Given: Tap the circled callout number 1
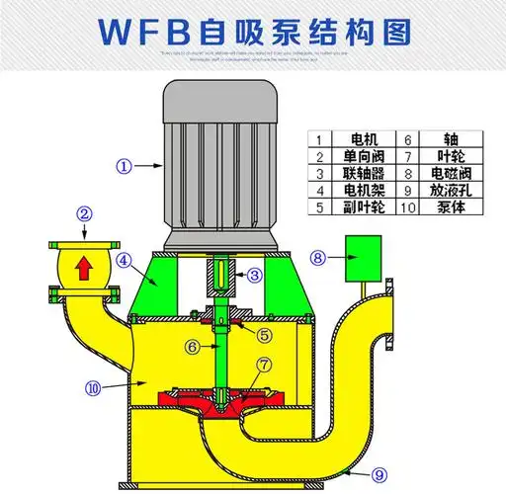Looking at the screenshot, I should tap(124, 166).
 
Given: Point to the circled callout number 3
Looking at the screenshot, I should tap(254, 274).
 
